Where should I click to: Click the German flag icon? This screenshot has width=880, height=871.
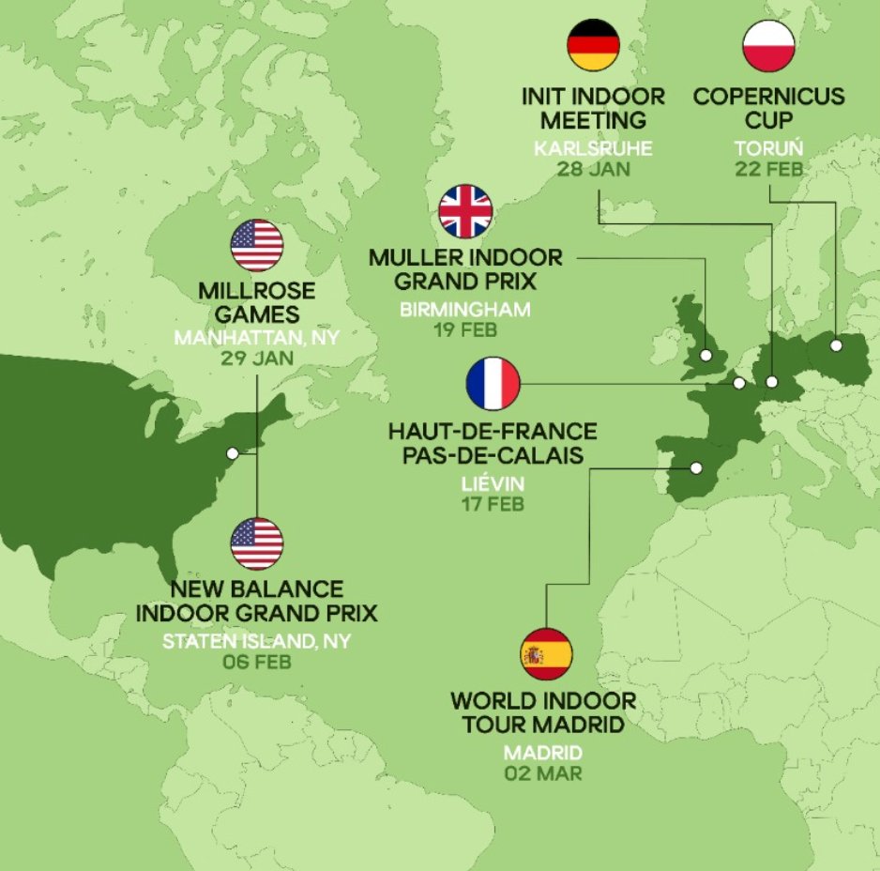(594, 44)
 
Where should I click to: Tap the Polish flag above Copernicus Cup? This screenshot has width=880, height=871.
(768, 44)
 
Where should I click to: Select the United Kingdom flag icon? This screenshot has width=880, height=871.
(465, 211)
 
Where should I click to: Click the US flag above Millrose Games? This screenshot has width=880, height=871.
(256, 246)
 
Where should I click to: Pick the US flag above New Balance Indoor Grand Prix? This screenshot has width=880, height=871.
(256, 543)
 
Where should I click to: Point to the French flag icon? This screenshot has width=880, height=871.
(493, 384)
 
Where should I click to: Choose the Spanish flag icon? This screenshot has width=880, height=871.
(546, 654)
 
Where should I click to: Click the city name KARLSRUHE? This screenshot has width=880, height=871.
(593, 148)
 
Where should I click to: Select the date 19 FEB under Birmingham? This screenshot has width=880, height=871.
(465, 329)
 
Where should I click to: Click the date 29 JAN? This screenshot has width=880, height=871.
(256, 358)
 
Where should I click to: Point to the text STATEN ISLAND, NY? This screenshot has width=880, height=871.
(256, 642)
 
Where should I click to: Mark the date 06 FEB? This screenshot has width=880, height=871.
(256, 662)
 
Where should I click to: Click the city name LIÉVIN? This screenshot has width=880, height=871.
(492, 484)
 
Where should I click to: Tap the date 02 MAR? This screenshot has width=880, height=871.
(543, 773)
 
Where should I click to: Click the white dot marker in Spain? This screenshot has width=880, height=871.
(696, 467)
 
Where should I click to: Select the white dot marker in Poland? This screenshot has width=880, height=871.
(835, 345)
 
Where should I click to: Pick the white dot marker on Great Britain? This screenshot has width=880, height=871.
(705, 355)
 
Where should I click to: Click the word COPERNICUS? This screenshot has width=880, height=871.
(768, 97)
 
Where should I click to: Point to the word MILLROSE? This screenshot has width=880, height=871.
(256, 291)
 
